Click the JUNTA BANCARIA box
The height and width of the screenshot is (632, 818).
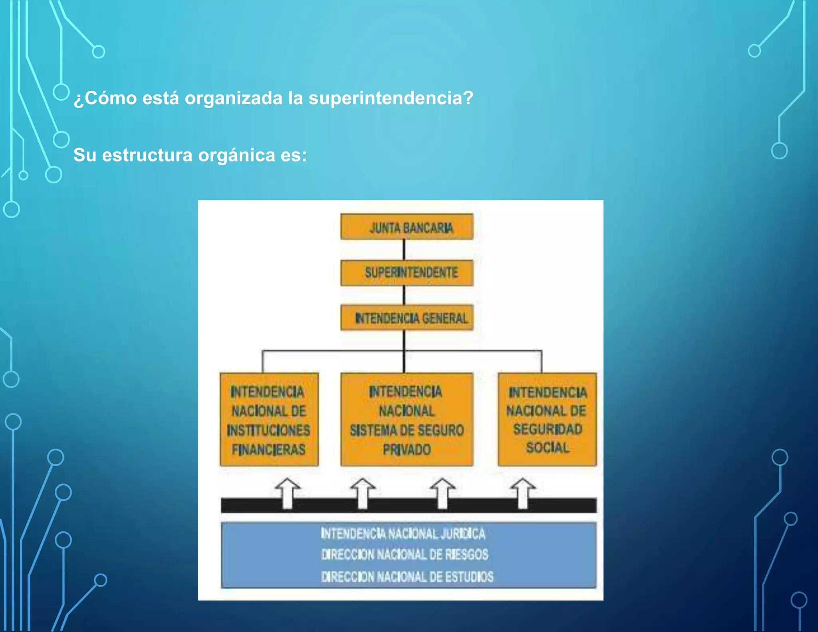[x=407, y=227]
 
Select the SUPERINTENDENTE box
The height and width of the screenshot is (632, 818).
[x=407, y=273]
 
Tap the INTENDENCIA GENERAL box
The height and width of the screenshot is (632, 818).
[x=407, y=318]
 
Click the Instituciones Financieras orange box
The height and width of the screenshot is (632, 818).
[x=269, y=419]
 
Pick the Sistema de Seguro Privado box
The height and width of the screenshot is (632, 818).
[x=407, y=419]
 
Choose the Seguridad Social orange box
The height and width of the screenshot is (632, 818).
[x=547, y=419]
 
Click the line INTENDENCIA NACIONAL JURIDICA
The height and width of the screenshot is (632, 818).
[x=403, y=534]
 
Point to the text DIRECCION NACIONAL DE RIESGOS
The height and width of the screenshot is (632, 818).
[x=405, y=554]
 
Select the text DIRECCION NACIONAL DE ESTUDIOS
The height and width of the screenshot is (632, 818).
[x=407, y=577]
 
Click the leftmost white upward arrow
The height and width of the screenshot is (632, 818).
[x=288, y=493]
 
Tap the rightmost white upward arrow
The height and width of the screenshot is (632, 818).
[x=523, y=493]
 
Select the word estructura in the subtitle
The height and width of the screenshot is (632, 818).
[x=147, y=155]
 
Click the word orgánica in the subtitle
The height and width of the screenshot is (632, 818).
[x=237, y=155]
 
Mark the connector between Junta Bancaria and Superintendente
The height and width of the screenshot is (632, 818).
[x=404, y=250]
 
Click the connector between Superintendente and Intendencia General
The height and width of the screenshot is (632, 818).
[x=404, y=295]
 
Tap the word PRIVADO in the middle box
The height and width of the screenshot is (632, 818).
[x=407, y=450]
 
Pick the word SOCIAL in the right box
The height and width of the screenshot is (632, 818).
[x=548, y=447]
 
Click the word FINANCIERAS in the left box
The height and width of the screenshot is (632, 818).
[x=268, y=450]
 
